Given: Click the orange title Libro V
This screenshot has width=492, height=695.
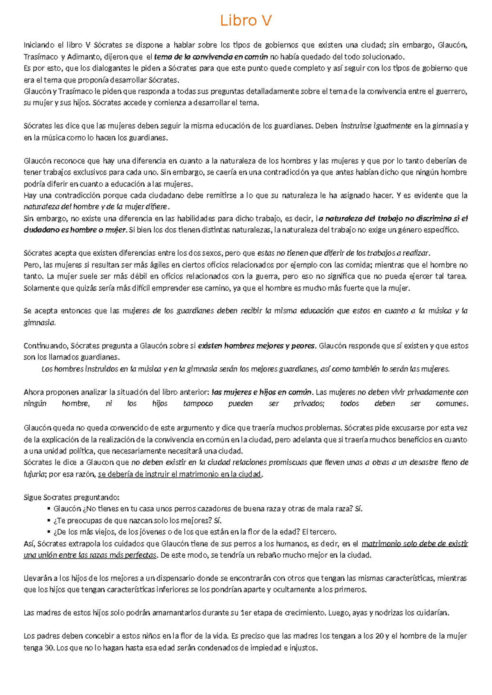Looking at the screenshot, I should [246, 20].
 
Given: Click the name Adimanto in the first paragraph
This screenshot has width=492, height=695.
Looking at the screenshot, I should [83, 57].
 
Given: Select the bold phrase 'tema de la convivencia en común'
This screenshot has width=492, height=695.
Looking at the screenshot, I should [211, 57].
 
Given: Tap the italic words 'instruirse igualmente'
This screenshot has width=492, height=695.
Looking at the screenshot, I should [376, 126].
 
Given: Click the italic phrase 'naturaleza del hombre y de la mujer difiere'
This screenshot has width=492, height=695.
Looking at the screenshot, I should [96, 207].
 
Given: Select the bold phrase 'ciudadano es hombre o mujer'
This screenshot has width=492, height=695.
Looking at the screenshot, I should [75, 230].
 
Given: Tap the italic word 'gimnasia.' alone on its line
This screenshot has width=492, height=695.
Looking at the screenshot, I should [39, 323].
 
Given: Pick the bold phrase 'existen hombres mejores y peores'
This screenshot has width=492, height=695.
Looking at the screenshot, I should [257, 346].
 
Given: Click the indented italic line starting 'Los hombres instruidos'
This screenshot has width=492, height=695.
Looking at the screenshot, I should [245, 369].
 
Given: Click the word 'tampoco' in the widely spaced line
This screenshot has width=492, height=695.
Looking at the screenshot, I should [198, 404].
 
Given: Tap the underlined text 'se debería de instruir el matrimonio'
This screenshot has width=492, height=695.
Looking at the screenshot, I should [180, 474].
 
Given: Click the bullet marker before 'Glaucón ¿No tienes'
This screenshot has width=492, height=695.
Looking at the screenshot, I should [49, 509].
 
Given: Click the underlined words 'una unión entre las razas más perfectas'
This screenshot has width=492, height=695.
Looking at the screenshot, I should [90, 555].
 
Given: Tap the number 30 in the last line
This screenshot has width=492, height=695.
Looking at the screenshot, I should [49, 648].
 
